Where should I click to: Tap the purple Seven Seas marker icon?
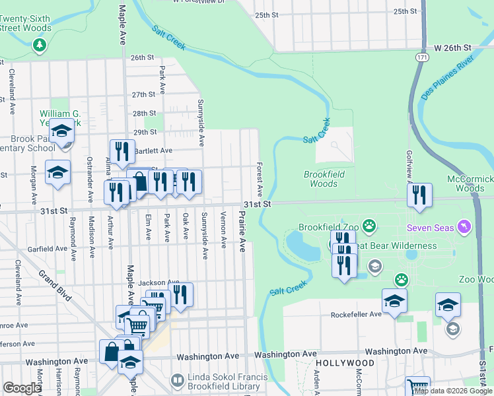pyautogui.click(x=466, y=227)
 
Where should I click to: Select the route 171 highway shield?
pyautogui.click(x=421, y=59)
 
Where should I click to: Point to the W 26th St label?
pyautogui.click(x=452, y=48)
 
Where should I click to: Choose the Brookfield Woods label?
pyautogui.click(x=320, y=179)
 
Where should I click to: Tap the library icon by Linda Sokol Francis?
pyautogui.click(x=177, y=380)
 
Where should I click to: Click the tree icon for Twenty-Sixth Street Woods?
pyautogui.click(x=40, y=45)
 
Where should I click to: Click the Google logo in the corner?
pyautogui.click(x=22, y=388)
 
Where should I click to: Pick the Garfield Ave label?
pyautogui.click(x=48, y=250)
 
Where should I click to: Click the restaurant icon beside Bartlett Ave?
pyautogui.click(x=121, y=151)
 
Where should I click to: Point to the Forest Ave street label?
pyautogui.click(x=260, y=180)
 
